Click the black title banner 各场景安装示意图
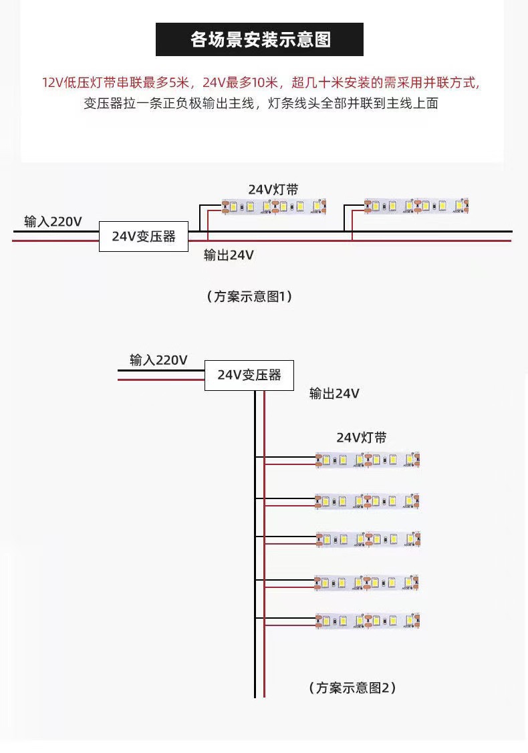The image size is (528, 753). coord(259,39)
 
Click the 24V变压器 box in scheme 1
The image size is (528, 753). coord(143,237)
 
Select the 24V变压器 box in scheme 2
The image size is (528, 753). coord(249,375)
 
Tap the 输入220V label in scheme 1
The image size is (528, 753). coord(53,221)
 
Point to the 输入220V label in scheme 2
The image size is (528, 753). coord(158,360)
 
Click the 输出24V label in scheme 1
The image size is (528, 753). coord(229,255)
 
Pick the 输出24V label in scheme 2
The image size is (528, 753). coord(334,394)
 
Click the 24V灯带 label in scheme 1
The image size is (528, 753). coord(273,190)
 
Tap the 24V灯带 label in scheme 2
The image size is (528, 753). coord(361,438)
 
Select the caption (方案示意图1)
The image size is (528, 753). coord(249,296)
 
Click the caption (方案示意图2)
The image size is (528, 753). coord(352,687)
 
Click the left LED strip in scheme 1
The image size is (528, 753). coord(273,208)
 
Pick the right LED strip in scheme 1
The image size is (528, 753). coord(416,206)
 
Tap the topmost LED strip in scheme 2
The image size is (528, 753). coord(368,460)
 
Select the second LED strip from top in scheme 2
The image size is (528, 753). coord(368,500)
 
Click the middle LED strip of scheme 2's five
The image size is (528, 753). coord(368,539)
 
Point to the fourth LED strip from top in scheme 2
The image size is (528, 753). coord(368,583)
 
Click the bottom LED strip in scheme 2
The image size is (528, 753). coord(368,621)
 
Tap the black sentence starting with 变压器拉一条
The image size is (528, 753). coord(261,104)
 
